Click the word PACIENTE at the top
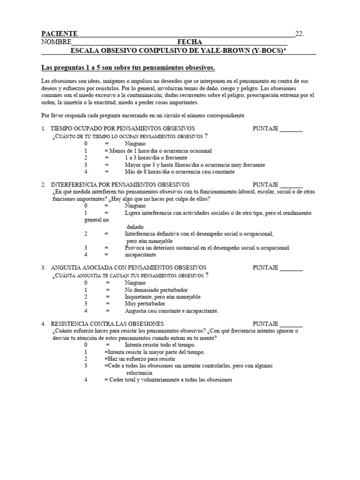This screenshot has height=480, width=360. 59,34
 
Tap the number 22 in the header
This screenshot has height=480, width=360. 299,34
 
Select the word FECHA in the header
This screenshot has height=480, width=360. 190,42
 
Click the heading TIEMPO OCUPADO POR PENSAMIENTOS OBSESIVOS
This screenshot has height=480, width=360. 122,128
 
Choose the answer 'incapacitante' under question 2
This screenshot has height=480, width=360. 141,255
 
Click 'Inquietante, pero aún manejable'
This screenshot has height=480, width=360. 163,297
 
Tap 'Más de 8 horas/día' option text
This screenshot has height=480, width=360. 180,172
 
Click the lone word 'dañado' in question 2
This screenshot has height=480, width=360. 136,226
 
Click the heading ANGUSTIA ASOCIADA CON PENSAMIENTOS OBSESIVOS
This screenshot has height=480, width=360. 125,268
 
